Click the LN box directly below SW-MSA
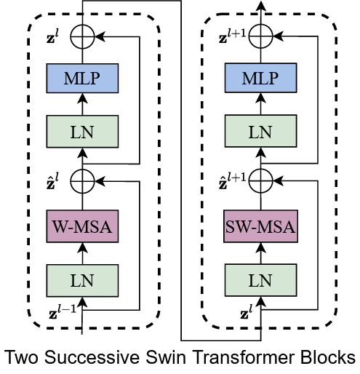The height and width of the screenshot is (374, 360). (261, 277)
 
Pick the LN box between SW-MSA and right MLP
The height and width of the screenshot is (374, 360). (261, 131)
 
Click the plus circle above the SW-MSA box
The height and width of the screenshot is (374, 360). (261, 177)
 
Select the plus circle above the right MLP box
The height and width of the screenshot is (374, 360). (261, 32)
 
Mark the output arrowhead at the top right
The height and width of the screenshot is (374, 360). (261, 5)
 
